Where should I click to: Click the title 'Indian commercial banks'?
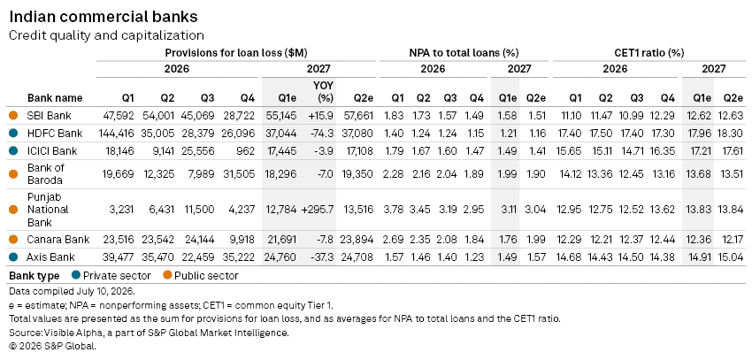coord(104,17)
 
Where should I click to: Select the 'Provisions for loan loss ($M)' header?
coord(236,53)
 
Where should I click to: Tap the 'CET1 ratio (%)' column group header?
coord(648,53)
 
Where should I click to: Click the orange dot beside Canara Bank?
coord(13,239)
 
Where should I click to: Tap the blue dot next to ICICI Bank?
coord(13,151)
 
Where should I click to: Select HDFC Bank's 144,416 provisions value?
coord(116,134)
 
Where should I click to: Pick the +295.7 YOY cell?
coord(318,210)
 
